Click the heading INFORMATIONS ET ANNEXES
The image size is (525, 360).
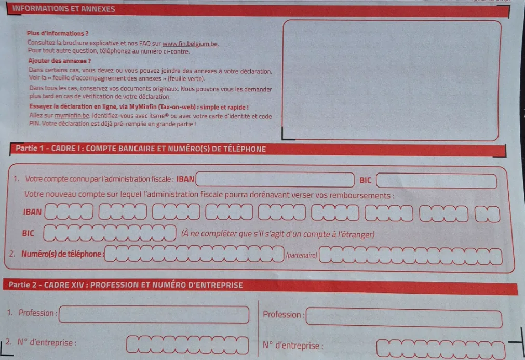(x=64, y=9)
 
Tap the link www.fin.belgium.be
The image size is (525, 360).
(x=190, y=44)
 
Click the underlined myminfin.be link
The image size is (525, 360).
(x=72, y=116)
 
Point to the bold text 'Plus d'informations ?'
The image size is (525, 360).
(x=58, y=33)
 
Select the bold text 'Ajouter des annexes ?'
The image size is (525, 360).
(x=60, y=61)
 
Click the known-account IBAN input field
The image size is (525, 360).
(x=275, y=180)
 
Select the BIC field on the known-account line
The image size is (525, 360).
(x=436, y=181)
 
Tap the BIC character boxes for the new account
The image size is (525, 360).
(x=110, y=233)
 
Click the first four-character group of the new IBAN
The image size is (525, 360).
(x=69, y=211)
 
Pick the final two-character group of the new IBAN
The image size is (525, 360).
(x=488, y=215)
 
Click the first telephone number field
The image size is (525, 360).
(x=194, y=254)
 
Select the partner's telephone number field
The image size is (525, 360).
(x=410, y=256)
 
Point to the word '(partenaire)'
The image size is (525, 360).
(x=301, y=255)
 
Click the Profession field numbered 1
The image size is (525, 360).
(x=154, y=314)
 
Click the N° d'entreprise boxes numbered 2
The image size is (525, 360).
(x=187, y=345)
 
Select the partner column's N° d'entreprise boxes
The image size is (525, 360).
(x=441, y=349)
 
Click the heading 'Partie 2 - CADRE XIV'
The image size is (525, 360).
(x=126, y=285)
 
